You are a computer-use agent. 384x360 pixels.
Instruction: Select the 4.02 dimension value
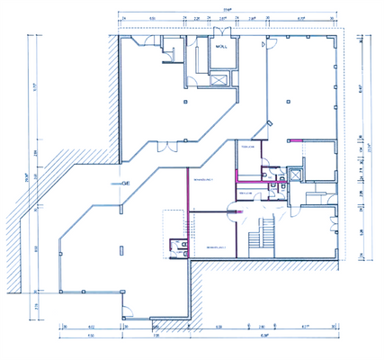coord(90,326)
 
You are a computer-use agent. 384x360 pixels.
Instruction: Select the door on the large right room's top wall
coord(263,44)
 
